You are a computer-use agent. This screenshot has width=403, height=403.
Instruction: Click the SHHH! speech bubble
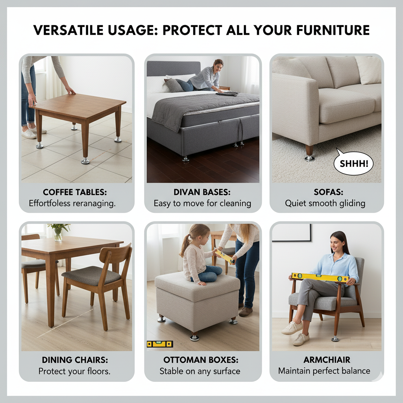click(x=353, y=163)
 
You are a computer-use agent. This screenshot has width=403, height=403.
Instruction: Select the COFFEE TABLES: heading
click(x=75, y=192)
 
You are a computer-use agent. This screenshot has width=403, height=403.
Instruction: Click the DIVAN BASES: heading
click(x=202, y=192)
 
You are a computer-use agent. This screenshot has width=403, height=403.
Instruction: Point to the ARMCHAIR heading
click(x=327, y=360)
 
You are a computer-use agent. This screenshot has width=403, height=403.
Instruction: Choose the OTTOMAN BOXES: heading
click(x=201, y=360)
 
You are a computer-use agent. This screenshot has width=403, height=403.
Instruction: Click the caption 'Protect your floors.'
click(x=74, y=371)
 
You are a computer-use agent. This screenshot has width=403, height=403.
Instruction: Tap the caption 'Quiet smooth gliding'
click(x=325, y=203)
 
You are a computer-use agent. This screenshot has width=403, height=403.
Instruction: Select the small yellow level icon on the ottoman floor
click(x=160, y=344)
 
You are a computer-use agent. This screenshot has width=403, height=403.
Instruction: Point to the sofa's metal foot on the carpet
click(x=309, y=157)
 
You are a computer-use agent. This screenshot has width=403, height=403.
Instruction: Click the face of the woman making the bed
click(x=218, y=67)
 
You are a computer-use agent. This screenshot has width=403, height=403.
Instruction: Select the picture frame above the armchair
click(x=292, y=233)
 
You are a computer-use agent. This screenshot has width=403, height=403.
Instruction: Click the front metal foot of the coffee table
click(x=85, y=161)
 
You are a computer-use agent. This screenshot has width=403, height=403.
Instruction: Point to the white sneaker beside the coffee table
click(x=29, y=134)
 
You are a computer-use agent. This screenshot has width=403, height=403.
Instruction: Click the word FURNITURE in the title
click(x=333, y=30)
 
